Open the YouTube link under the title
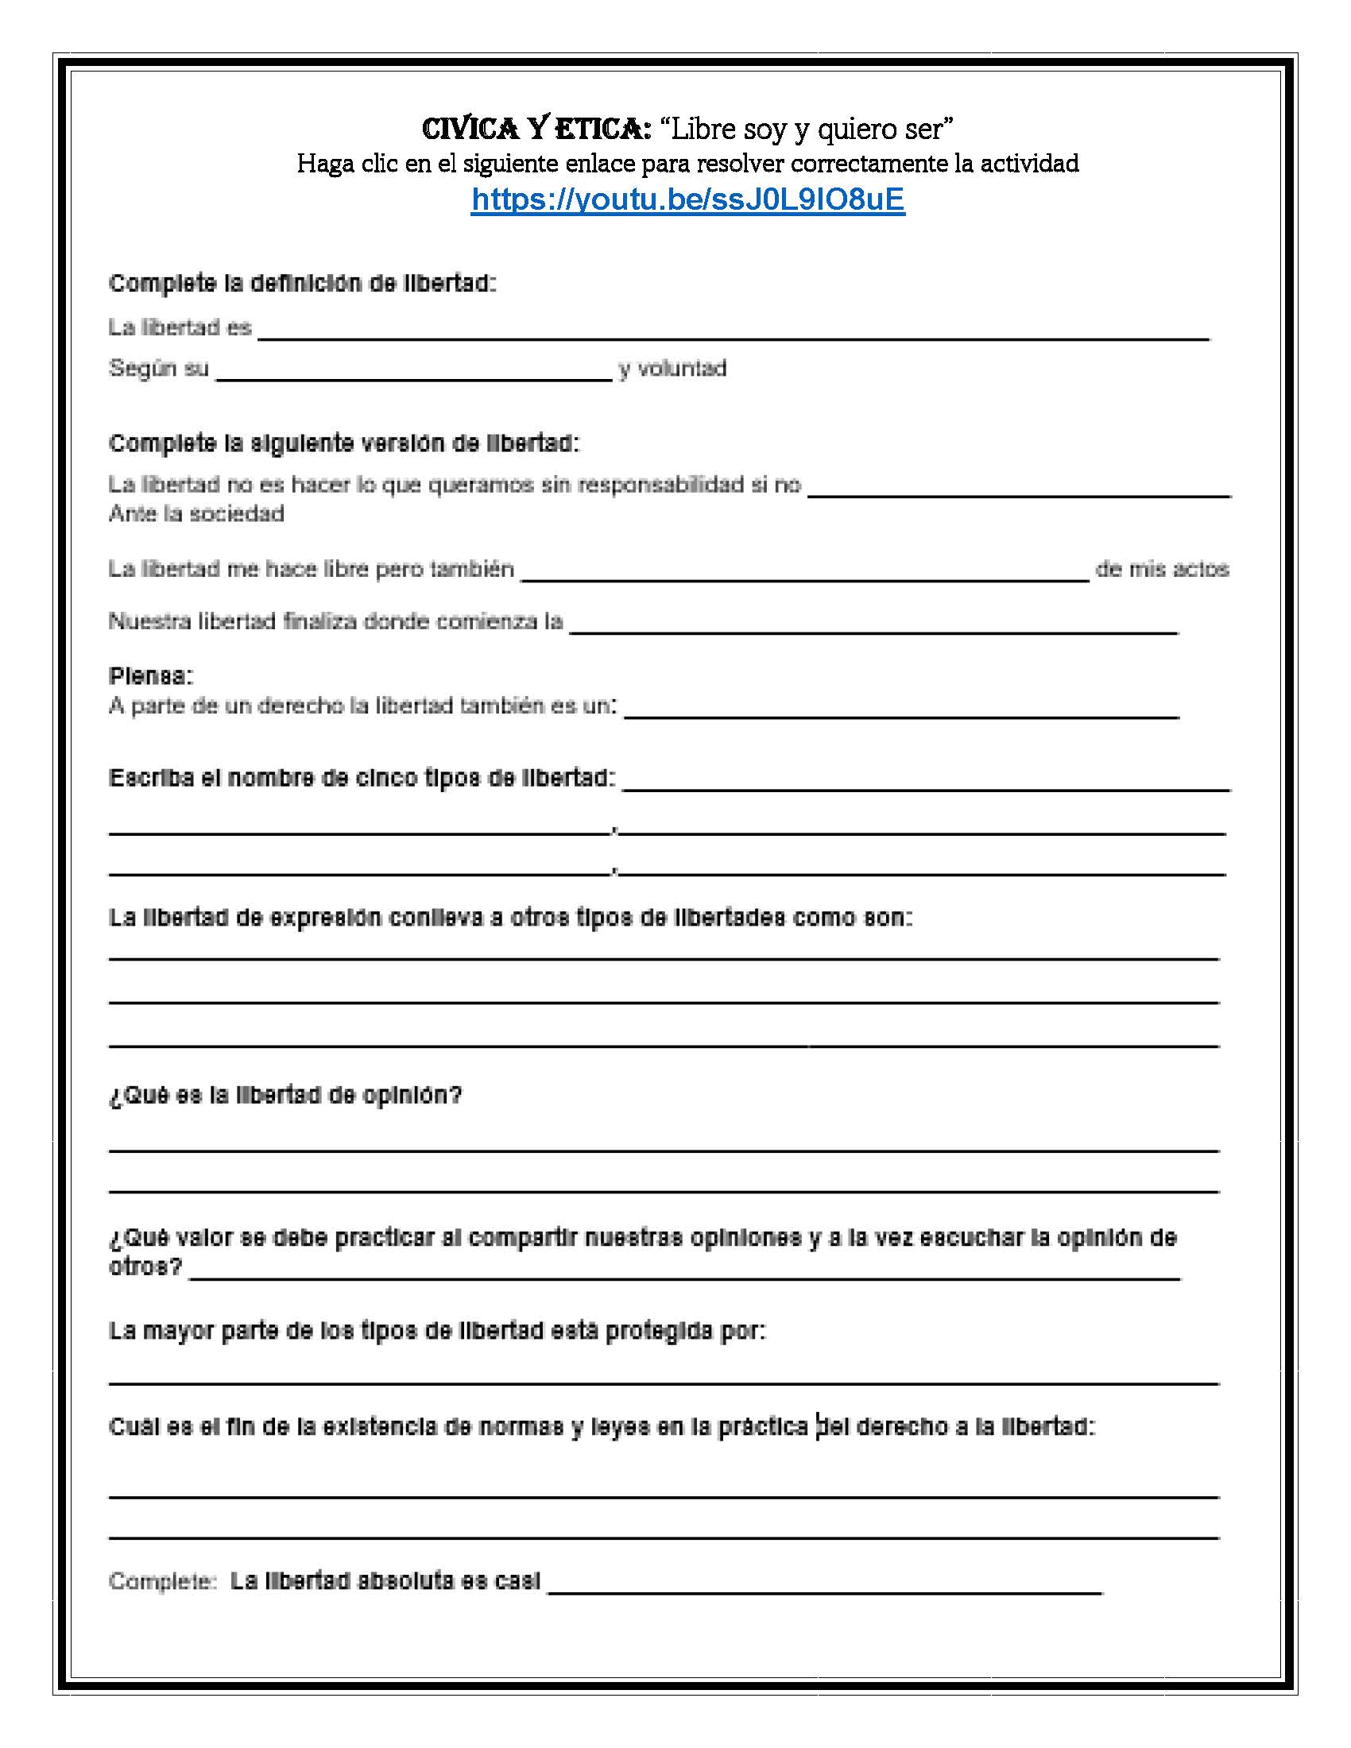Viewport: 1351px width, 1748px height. [687, 199]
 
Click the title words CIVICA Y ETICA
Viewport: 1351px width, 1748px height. [536, 128]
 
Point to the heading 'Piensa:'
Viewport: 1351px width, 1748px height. [150, 676]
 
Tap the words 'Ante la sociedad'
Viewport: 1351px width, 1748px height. [196, 514]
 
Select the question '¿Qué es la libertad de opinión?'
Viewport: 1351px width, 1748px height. [286, 1095]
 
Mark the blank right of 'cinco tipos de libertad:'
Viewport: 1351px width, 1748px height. [926, 783]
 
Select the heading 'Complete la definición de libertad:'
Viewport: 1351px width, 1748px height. [303, 284]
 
